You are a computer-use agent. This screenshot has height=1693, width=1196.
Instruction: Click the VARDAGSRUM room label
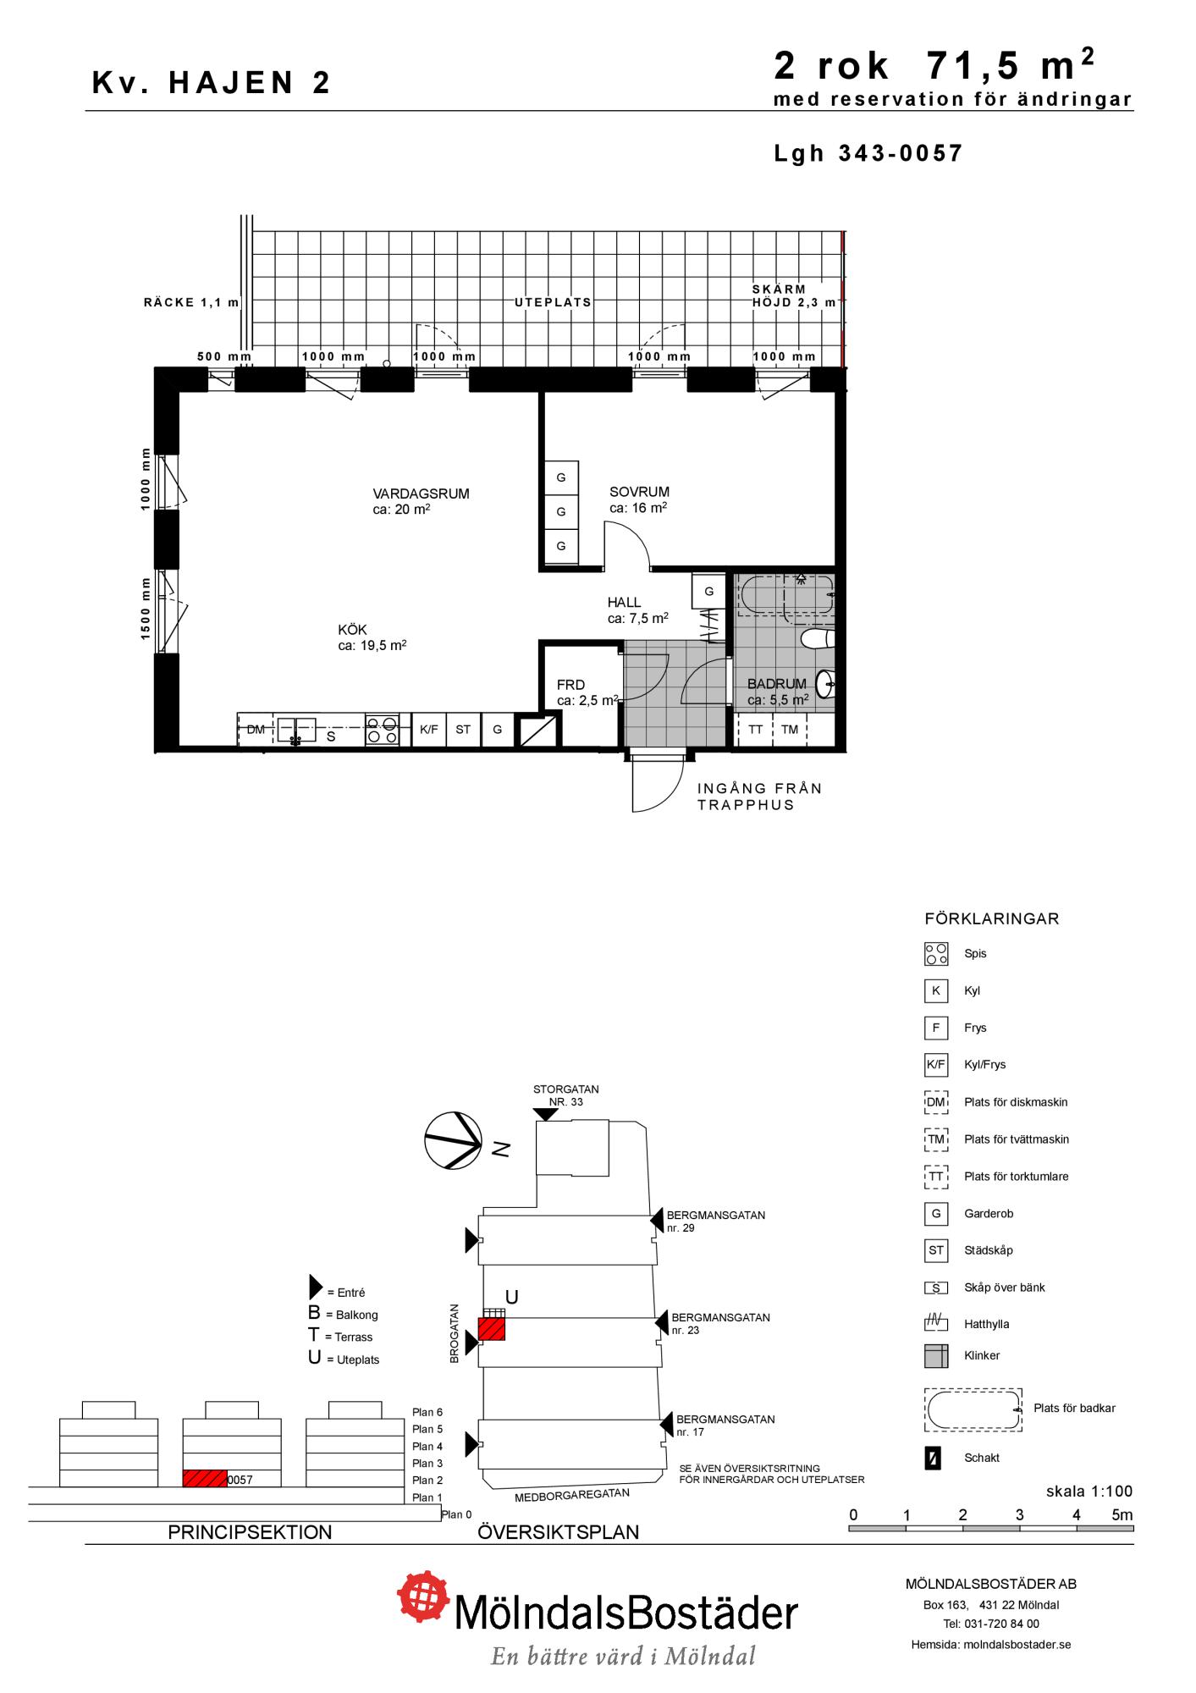pyautogui.click(x=421, y=494)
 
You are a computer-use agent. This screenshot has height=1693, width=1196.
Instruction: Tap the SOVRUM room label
pyautogui.click(x=639, y=492)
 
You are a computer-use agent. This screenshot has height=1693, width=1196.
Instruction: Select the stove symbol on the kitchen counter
pyautogui.click(x=383, y=730)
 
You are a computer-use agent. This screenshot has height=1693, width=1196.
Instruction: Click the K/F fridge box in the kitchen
pyautogui.click(x=429, y=730)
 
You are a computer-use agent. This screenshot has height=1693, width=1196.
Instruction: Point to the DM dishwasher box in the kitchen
pyautogui.click(x=256, y=730)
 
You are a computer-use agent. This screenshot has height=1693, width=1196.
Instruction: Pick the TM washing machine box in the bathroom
pyautogui.click(x=790, y=730)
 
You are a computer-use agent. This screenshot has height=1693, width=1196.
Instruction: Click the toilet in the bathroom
pyautogui.click(x=818, y=638)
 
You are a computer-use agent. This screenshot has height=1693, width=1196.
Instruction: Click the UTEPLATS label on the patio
pyautogui.click(x=554, y=302)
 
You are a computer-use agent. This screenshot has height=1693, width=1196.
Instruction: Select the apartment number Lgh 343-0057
pyautogui.click(x=868, y=153)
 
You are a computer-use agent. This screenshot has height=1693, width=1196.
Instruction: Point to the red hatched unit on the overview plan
pyautogui.click(x=492, y=1328)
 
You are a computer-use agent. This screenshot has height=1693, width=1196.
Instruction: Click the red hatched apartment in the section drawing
pyautogui.click(x=205, y=1479)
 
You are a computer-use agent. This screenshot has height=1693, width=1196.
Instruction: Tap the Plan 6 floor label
pyautogui.click(x=427, y=1412)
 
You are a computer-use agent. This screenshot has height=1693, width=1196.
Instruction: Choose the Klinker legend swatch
pyautogui.click(x=936, y=1355)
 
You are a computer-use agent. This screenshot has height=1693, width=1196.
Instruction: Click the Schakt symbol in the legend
pyautogui.click(x=933, y=1459)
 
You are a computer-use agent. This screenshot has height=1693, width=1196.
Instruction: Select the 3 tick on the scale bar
pyautogui.click(x=1019, y=1515)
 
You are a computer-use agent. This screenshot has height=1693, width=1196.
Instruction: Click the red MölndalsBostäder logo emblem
pyautogui.click(x=424, y=1597)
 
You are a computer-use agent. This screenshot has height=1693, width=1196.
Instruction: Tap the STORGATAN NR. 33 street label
pyautogui.click(x=565, y=1095)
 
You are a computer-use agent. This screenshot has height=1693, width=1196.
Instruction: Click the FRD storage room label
pyautogui.click(x=570, y=685)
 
